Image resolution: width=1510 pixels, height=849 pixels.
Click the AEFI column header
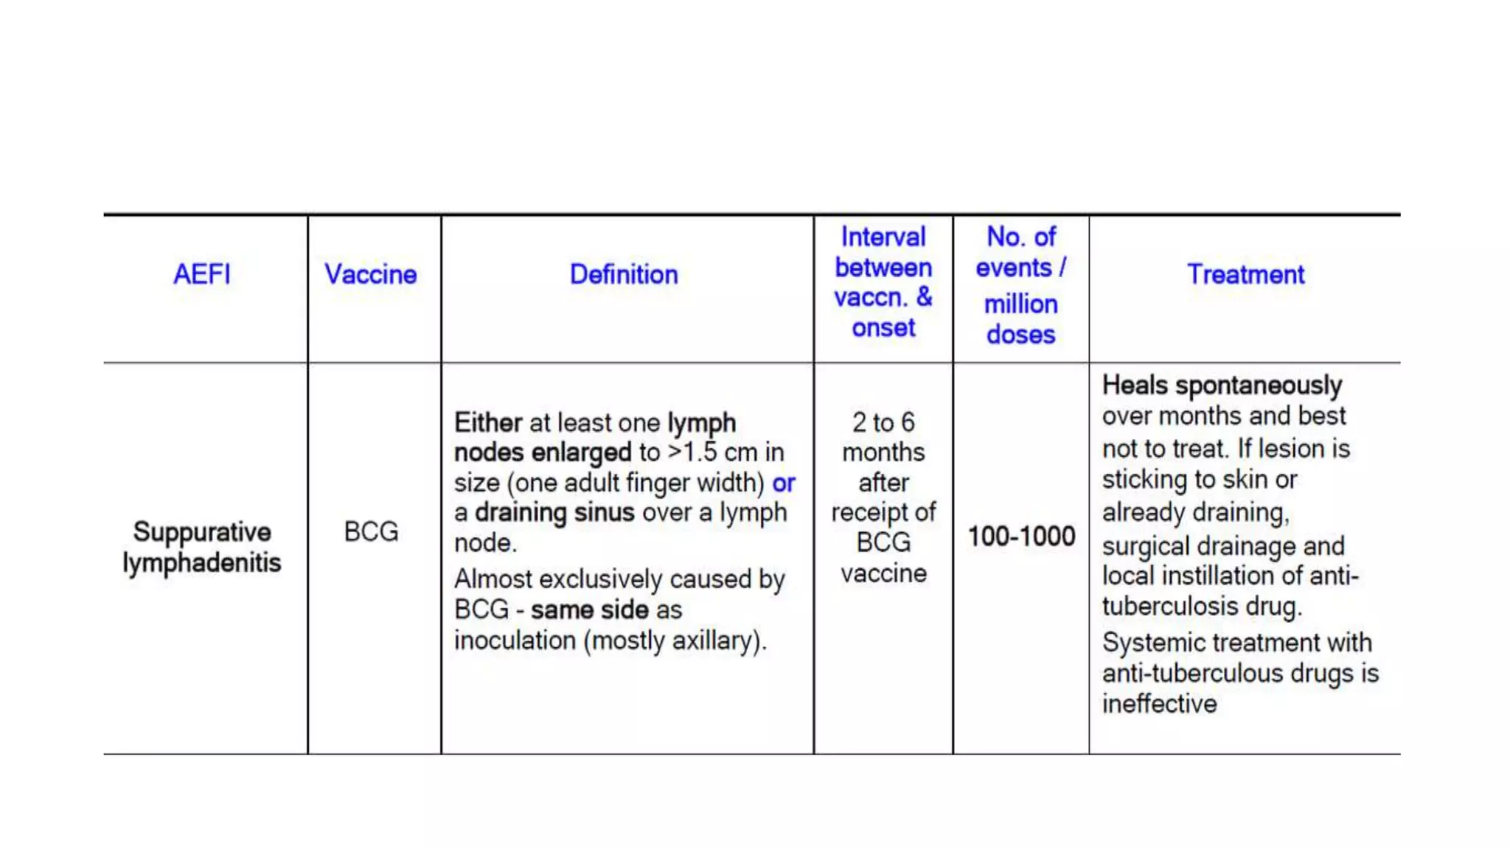point(201,274)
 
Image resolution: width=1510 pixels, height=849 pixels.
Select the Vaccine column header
point(371,274)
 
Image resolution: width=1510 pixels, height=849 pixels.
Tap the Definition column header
point(624,274)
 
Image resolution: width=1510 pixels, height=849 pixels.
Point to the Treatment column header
point(1245,274)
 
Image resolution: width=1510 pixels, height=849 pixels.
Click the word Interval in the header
point(883,237)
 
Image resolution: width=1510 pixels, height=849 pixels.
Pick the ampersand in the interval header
point(925,297)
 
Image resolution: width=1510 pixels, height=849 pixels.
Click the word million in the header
point(1021,304)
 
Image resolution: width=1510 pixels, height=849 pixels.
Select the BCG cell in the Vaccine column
point(371,531)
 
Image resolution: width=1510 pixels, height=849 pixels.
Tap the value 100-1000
point(1021,536)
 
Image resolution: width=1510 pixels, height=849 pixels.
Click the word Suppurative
point(202,531)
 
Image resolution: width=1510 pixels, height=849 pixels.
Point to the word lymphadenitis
point(202,563)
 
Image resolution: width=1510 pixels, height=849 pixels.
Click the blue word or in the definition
point(784,483)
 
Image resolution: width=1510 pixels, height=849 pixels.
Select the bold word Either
point(488,422)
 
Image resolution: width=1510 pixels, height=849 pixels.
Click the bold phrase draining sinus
point(554,512)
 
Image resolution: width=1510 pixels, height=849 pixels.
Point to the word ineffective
point(1159,704)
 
